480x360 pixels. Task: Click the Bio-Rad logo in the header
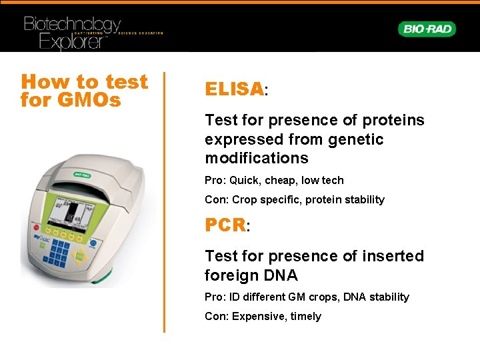tap(427, 29)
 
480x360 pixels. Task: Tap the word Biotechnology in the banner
tap(72, 25)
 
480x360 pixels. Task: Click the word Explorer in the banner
tap(64, 41)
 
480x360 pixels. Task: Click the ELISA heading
tap(234, 89)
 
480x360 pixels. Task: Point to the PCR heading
tap(225, 225)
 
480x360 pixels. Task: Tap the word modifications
tap(257, 158)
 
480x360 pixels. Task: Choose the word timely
tap(305, 316)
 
